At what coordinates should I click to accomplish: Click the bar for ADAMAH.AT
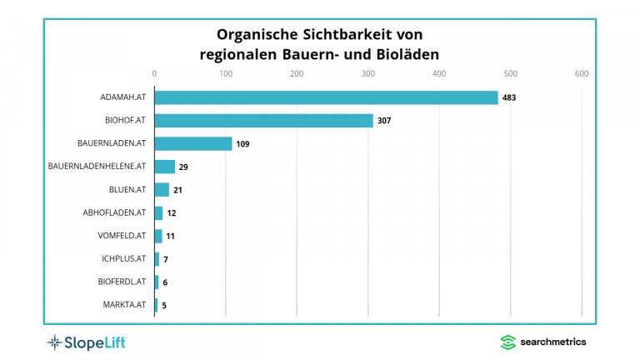pyautogui.click(x=326, y=97)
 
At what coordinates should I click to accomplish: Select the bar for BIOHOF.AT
pyautogui.click(x=263, y=121)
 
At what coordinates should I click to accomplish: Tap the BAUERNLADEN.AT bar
pyautogui.click(x=193, y=143)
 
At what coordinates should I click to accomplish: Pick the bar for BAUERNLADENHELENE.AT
pyautogui.click(x=165, y=167)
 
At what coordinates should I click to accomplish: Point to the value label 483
pyautogui.click(x=508, y=98)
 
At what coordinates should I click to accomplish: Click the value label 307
pyautogui.click(x=383, y=121)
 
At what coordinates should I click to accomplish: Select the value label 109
pyautogui.click(x=242, y=144)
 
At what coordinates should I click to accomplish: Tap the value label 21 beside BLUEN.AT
pyautogui.click(x=177, y=190)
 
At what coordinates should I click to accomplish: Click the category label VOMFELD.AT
pyautogui.click(x=122, y=236)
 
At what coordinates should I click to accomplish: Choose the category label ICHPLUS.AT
pyautogui.click(x=122, y=259)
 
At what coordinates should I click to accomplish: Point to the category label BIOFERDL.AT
pyautogui.click(x=121, y=282)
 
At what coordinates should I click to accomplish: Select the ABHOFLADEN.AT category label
pyautogui.click(x=115, y=212)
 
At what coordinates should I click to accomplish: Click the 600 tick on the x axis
pyautogui.click(x=582, y=74)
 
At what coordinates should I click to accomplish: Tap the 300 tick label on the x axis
pyautogui.click(x=368, y=74)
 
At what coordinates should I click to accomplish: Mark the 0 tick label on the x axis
pyautogui.click(x=154, y=74)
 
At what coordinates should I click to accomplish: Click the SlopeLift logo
pyautogui.click(x=86, y=342)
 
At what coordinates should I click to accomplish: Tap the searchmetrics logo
pyautogui.click(x=542, y=342)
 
